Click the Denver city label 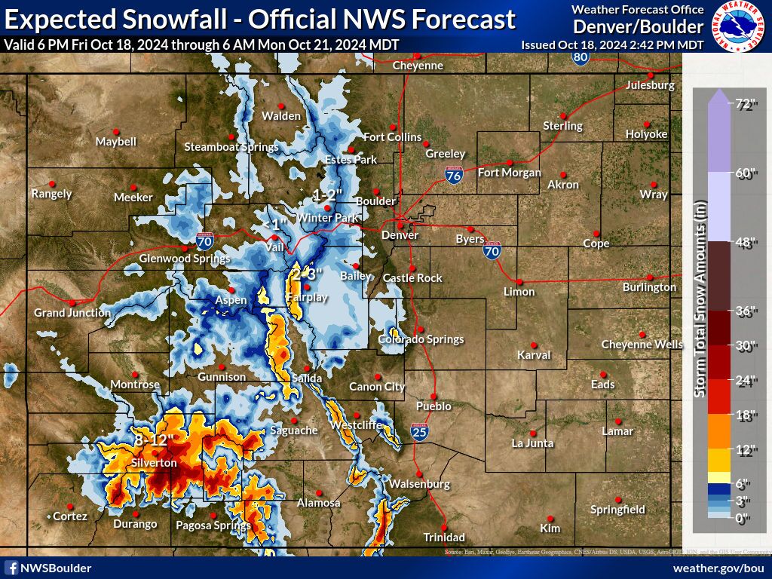(400, 234)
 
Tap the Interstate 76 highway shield (454, 176)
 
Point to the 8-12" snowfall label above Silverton (154, 439)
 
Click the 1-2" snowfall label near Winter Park (328, 195)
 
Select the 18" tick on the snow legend (746, 415)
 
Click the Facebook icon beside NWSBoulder (11, 568)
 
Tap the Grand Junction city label (72, 312)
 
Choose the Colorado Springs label (421, 339)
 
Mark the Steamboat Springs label (231, 147)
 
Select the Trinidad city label (444, 538)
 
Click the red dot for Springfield (617, 500)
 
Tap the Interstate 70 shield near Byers (492, 250)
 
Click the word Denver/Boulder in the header (638, 27)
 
